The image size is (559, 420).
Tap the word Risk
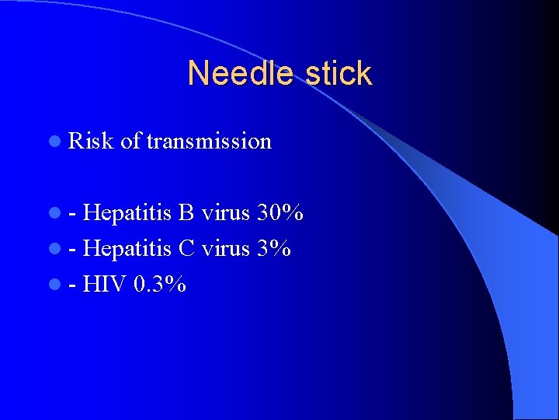tap(91, 142)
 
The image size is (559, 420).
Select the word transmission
tap(209, 142)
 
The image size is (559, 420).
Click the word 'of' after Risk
tap(130, 142)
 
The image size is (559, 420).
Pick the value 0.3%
tap(160, 284)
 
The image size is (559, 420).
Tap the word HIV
tap(105, 284)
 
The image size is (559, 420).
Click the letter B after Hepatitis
tap(186, 212)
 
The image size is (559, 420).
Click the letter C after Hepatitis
tap(186, 248)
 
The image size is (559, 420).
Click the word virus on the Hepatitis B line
tap(226, 212)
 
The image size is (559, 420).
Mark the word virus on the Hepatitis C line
tap(226, 248)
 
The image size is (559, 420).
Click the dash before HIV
tap(72, 285)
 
